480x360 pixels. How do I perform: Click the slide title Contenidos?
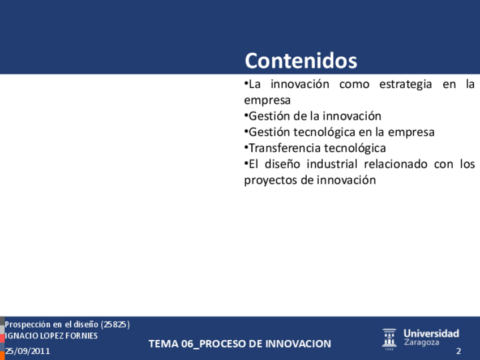coord(301,61)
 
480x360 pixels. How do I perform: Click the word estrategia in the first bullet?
coord(406,84)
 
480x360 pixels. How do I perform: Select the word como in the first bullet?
coord(354,84)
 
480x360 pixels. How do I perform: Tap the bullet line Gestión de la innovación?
coord(312,117)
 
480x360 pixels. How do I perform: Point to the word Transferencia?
coord(284,148)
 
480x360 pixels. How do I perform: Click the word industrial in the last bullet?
coord(332,164)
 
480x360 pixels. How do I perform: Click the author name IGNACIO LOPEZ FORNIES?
coord(51,336)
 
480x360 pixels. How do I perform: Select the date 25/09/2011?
coord(27,351)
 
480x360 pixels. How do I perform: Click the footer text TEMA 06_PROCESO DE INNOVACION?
coord(240,344)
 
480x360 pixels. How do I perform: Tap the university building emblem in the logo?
coord(389,339)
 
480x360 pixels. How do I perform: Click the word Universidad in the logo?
coord(431,333)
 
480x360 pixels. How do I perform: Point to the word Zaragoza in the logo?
coord(421,342)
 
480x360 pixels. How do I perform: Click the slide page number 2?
coord(458,351)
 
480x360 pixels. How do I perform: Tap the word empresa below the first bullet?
coord(267,101)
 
